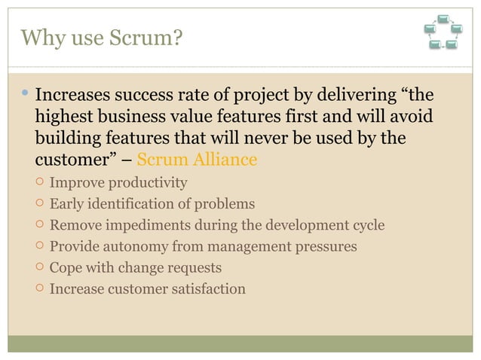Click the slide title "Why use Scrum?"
[x=102, y=37]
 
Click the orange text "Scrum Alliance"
[x=197, y=160]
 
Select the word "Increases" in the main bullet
[x=73, y=96]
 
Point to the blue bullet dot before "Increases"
[x=25, y=95]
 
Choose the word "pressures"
[x=326, y=246]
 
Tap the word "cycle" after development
[x=366, y=225]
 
